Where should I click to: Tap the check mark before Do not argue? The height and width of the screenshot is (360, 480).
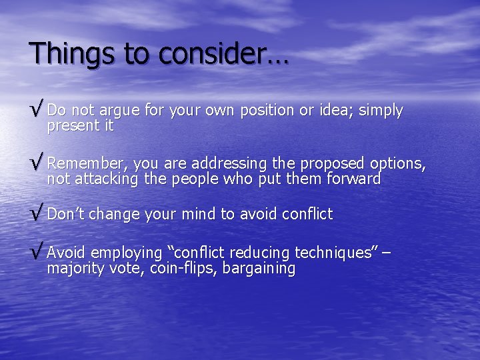click(37, 110)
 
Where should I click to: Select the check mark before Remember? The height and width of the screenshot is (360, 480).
click(37, 163)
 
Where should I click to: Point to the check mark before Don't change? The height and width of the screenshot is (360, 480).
click(37, 215)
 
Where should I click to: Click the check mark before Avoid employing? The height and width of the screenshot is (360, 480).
click(37, 253)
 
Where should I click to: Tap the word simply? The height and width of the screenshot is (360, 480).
click(381, 111)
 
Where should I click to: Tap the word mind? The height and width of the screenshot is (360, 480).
click(199, 215)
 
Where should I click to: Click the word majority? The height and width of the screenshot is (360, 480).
click(75, 269)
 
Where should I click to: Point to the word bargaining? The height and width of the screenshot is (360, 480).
click(259, 269)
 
